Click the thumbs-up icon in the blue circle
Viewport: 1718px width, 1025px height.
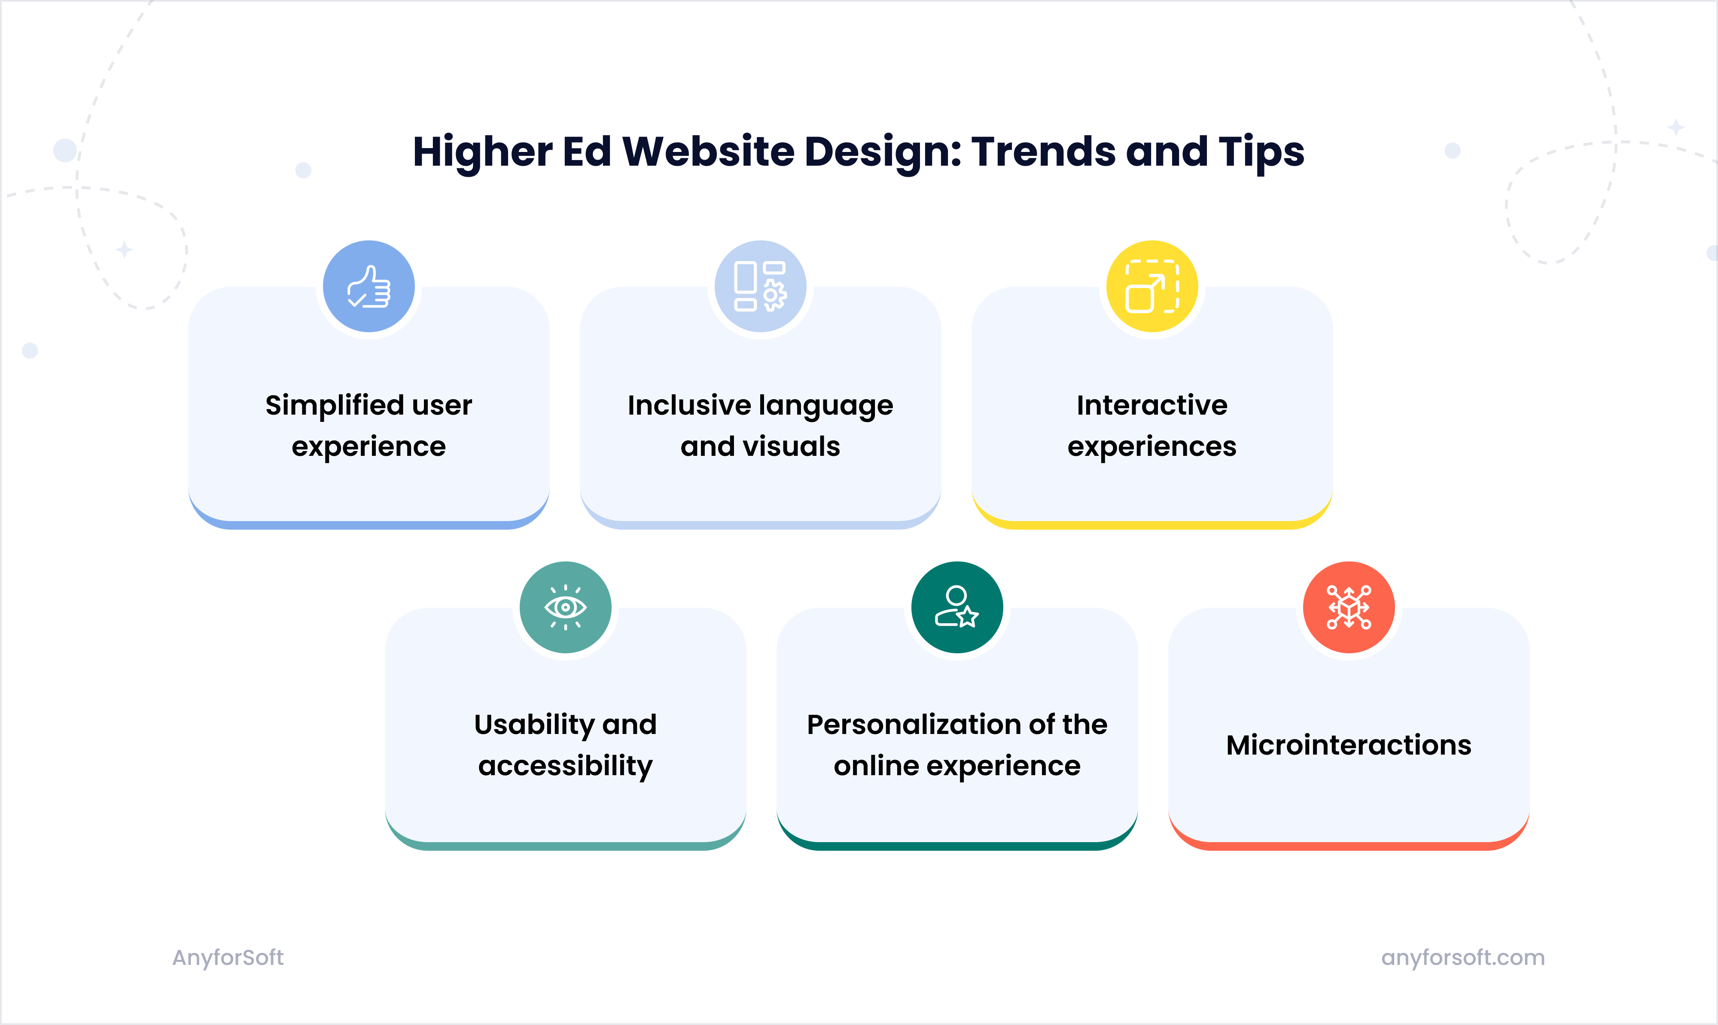tap(369, 287)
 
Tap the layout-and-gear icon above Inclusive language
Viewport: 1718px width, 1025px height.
tap(760, 287)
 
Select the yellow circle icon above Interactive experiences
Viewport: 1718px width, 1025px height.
tap(1152, 287)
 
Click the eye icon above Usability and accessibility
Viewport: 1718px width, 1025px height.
tap(565, 607)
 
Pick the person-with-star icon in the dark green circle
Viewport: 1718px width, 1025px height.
tap(957, 607)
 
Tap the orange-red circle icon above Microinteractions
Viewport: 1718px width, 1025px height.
tap(1348, 607)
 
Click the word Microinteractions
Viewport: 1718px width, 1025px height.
tap(1348, 745)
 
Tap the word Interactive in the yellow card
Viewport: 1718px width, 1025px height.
tap(1152, 406)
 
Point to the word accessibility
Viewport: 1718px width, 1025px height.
tap(565, 767)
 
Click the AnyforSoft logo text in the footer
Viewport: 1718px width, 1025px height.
tap(228, 957)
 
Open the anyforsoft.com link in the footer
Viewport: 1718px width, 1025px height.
tap(1462, 957)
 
